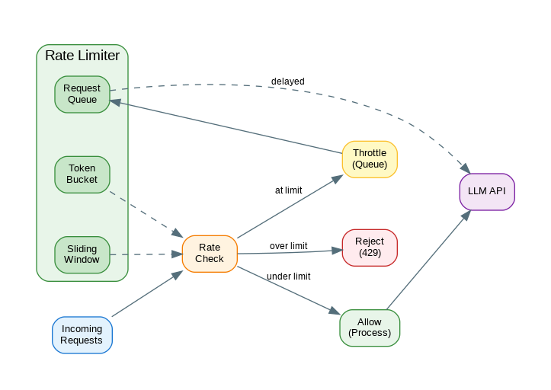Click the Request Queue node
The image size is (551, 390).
tap(82, 94)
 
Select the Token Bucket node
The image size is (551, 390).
tap(82, 174)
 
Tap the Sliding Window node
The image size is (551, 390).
tap(82, 254)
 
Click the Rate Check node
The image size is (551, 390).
tap(210, 254)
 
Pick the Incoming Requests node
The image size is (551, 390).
tap(82, 334)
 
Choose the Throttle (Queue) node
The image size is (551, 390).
tap(370, 159)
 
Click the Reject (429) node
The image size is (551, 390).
tap(370, 248)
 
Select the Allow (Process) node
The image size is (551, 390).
tap(370, 328)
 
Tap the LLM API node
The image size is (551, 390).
tap(487, 191)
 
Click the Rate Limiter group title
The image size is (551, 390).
tap(82, 56)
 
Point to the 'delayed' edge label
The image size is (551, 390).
tap(287, 82)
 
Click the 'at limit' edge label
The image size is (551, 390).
tap(288, 190)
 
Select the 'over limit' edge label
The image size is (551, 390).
tap(288, 246)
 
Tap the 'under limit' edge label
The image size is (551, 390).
tap(288, 277)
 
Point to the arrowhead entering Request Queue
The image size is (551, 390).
tap(115, 101)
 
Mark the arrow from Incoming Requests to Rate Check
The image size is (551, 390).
tap(146, 294)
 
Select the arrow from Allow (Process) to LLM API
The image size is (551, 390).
tap(428, 261)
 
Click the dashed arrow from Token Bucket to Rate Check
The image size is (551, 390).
tap(146, 214)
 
